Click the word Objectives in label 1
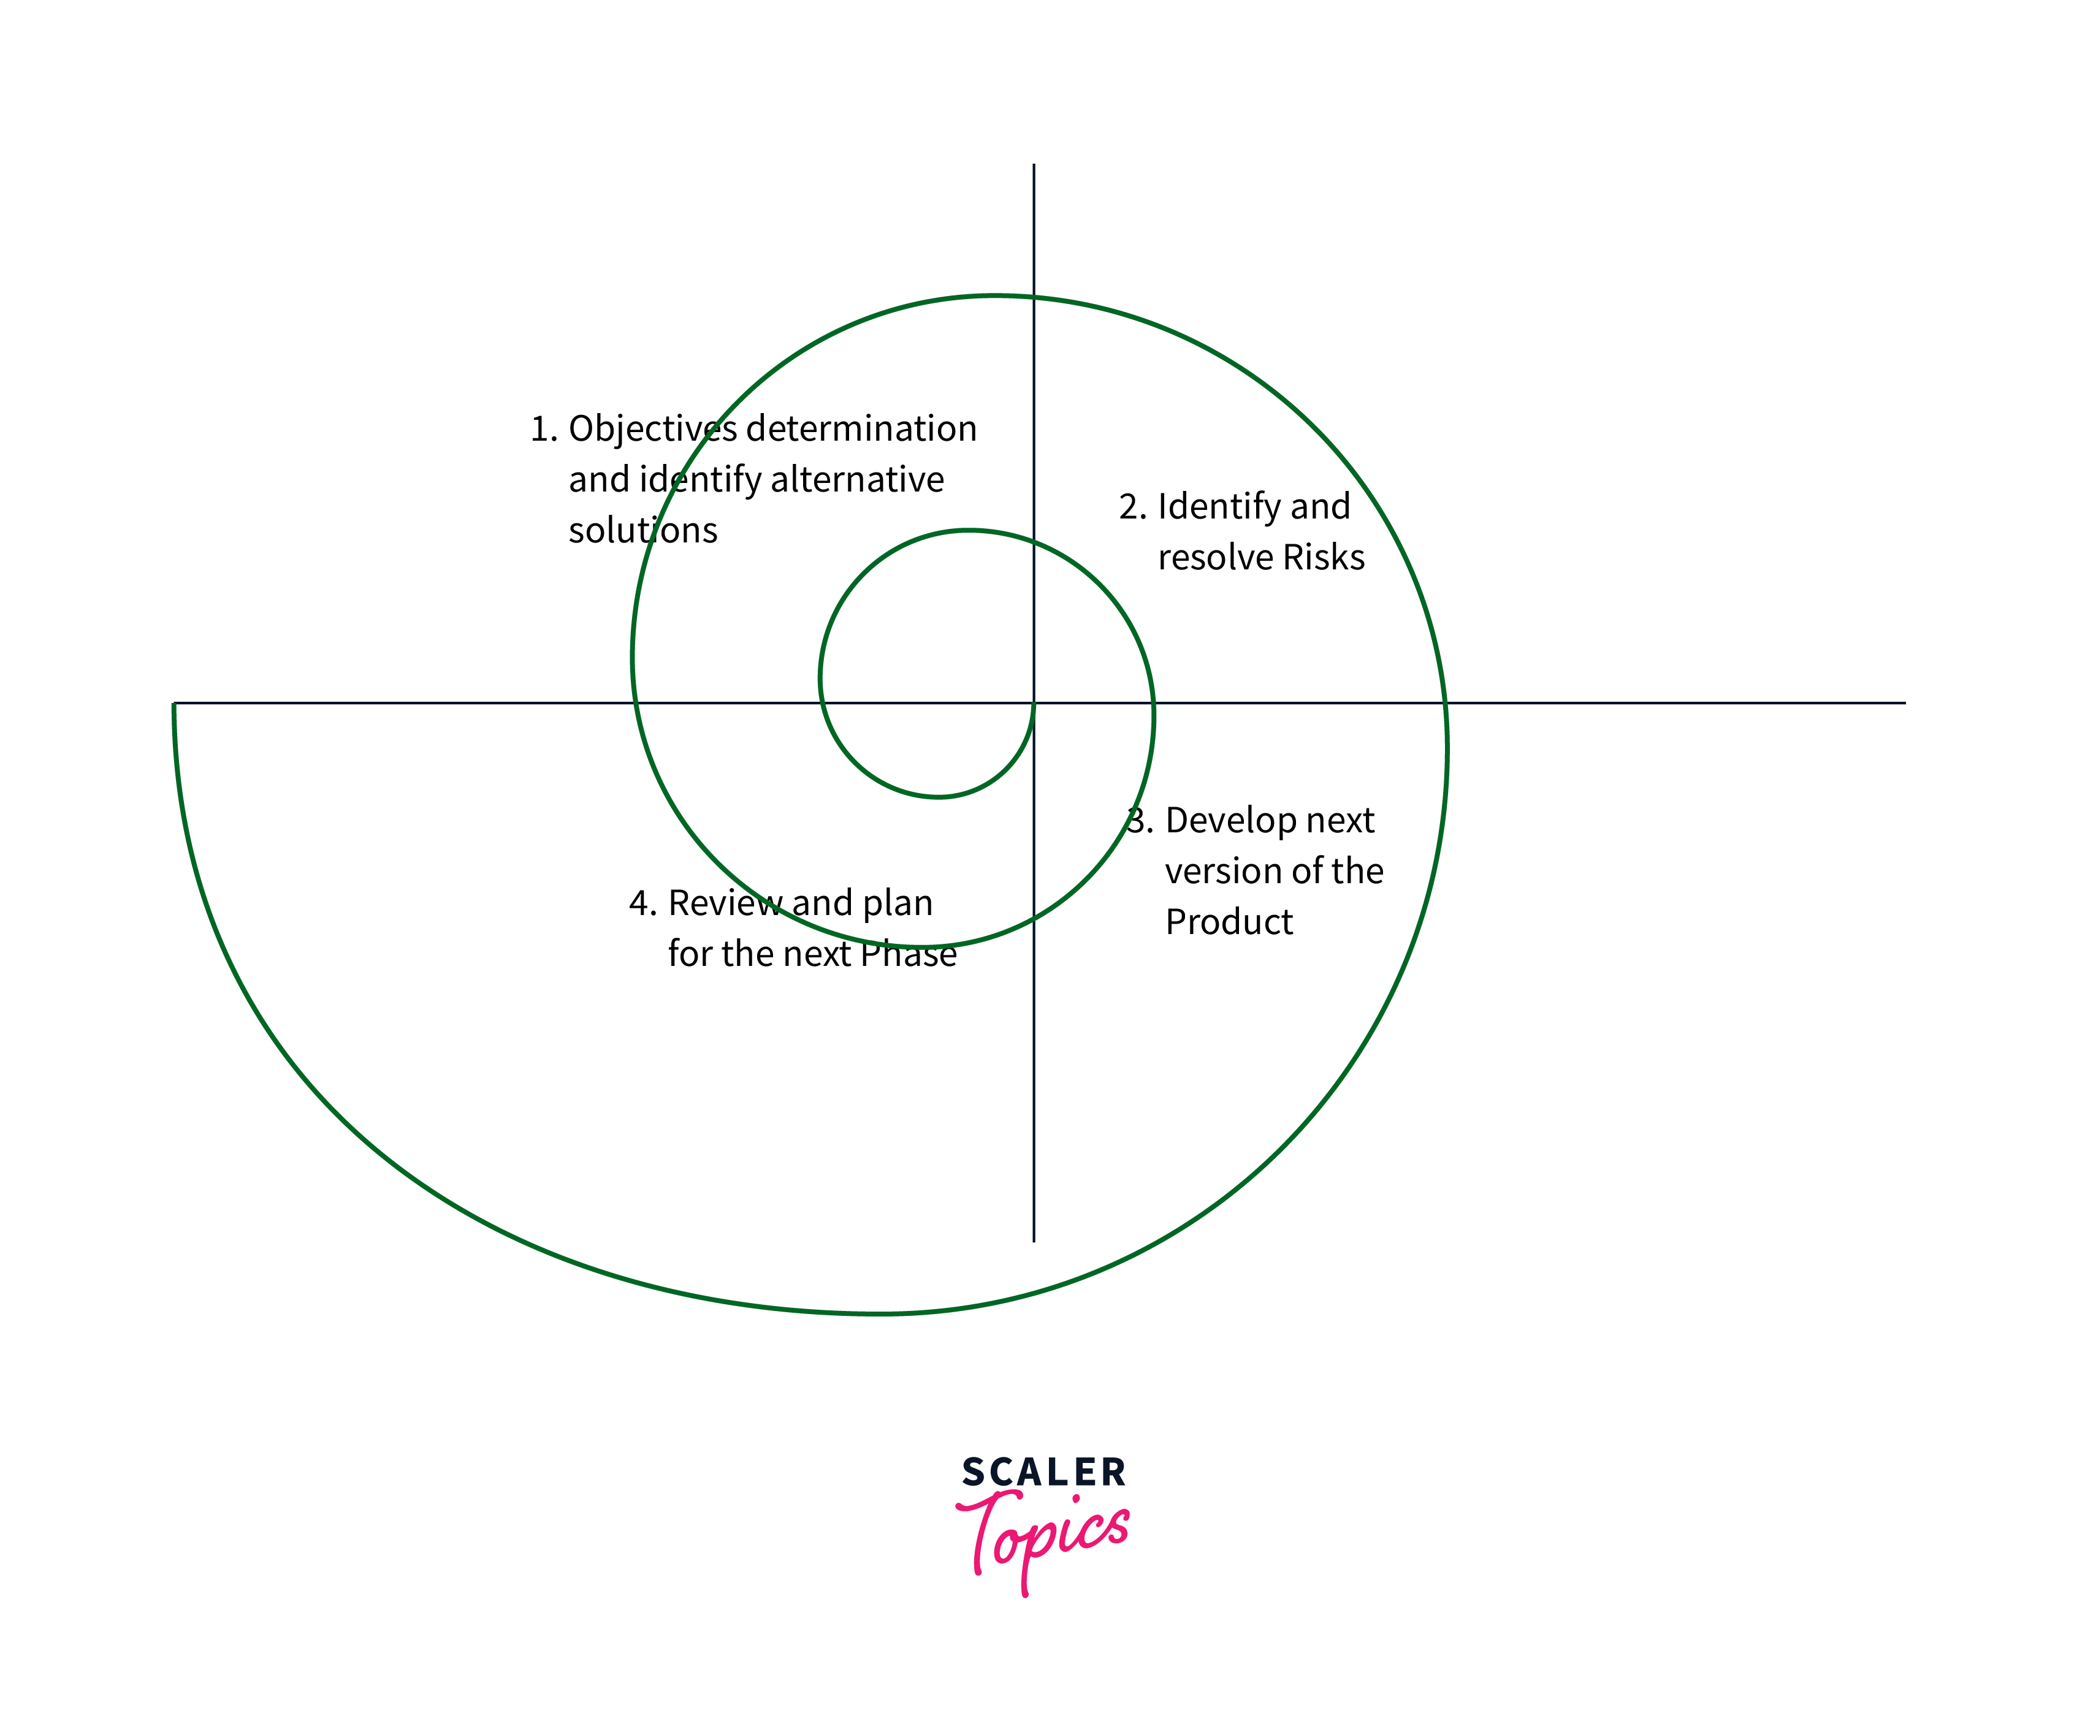coord(652,429)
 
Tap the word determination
coord(861,429)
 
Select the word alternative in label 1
coord(856,480)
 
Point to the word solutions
coord(642,530)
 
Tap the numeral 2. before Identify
coord(1132,507)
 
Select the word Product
coord(1229,922)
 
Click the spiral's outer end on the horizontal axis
coord(175,704)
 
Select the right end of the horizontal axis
coord(1904,703)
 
